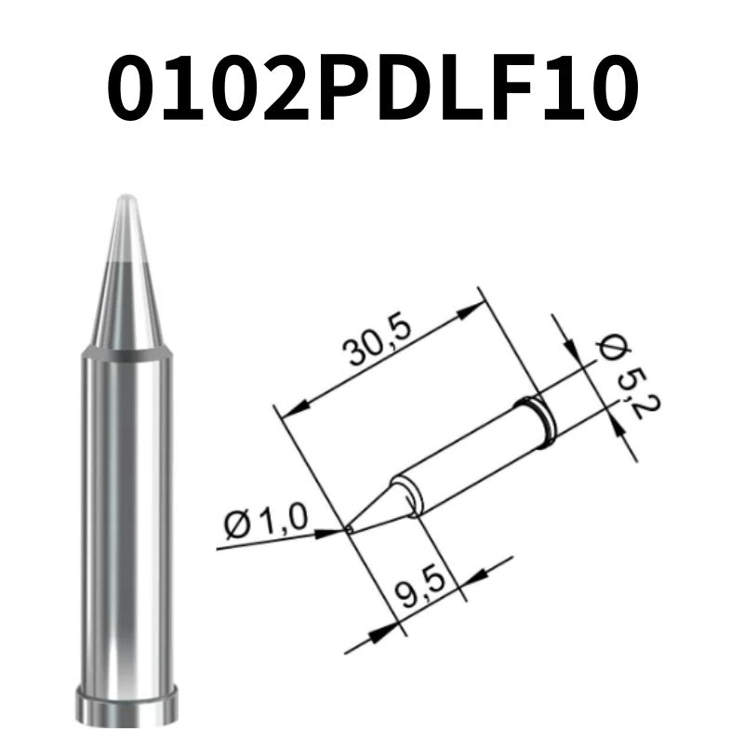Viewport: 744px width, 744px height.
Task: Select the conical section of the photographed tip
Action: click(125, 288)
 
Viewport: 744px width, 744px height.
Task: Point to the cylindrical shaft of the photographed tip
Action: click(125, 521)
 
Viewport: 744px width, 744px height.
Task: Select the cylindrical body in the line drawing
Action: click(465, 456)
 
